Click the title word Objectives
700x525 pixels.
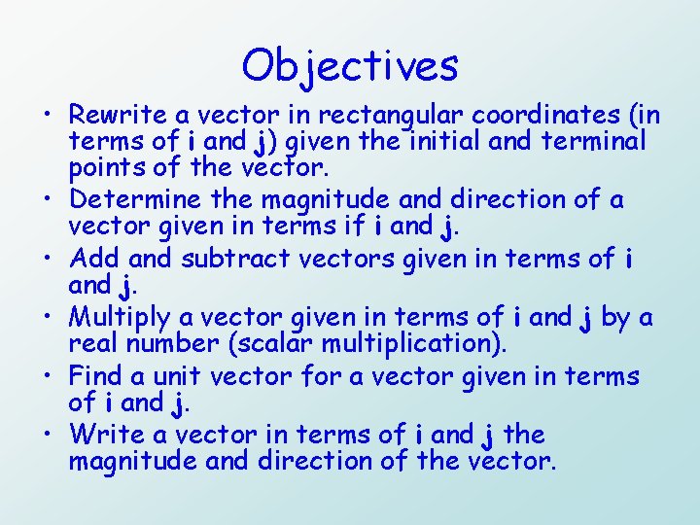[350, 65]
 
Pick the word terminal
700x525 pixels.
[587, 142]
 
